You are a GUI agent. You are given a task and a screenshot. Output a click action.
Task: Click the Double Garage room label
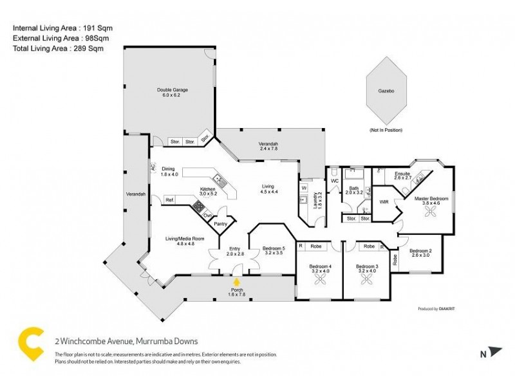[172, 93]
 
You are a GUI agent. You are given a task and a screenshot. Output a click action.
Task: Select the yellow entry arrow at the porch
[237, 282]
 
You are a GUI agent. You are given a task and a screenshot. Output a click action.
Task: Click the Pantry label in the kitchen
[221, 224]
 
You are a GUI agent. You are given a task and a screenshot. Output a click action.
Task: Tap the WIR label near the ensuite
[384, 202]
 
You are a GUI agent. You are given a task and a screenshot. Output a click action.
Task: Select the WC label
[335, 181]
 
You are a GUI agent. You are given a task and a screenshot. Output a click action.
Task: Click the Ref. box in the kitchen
[170, 201]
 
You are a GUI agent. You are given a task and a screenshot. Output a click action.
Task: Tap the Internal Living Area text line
[57, 28]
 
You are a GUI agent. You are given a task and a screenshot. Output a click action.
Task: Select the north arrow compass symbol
[493, 352]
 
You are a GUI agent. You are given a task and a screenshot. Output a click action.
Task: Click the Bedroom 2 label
[420, 253]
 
